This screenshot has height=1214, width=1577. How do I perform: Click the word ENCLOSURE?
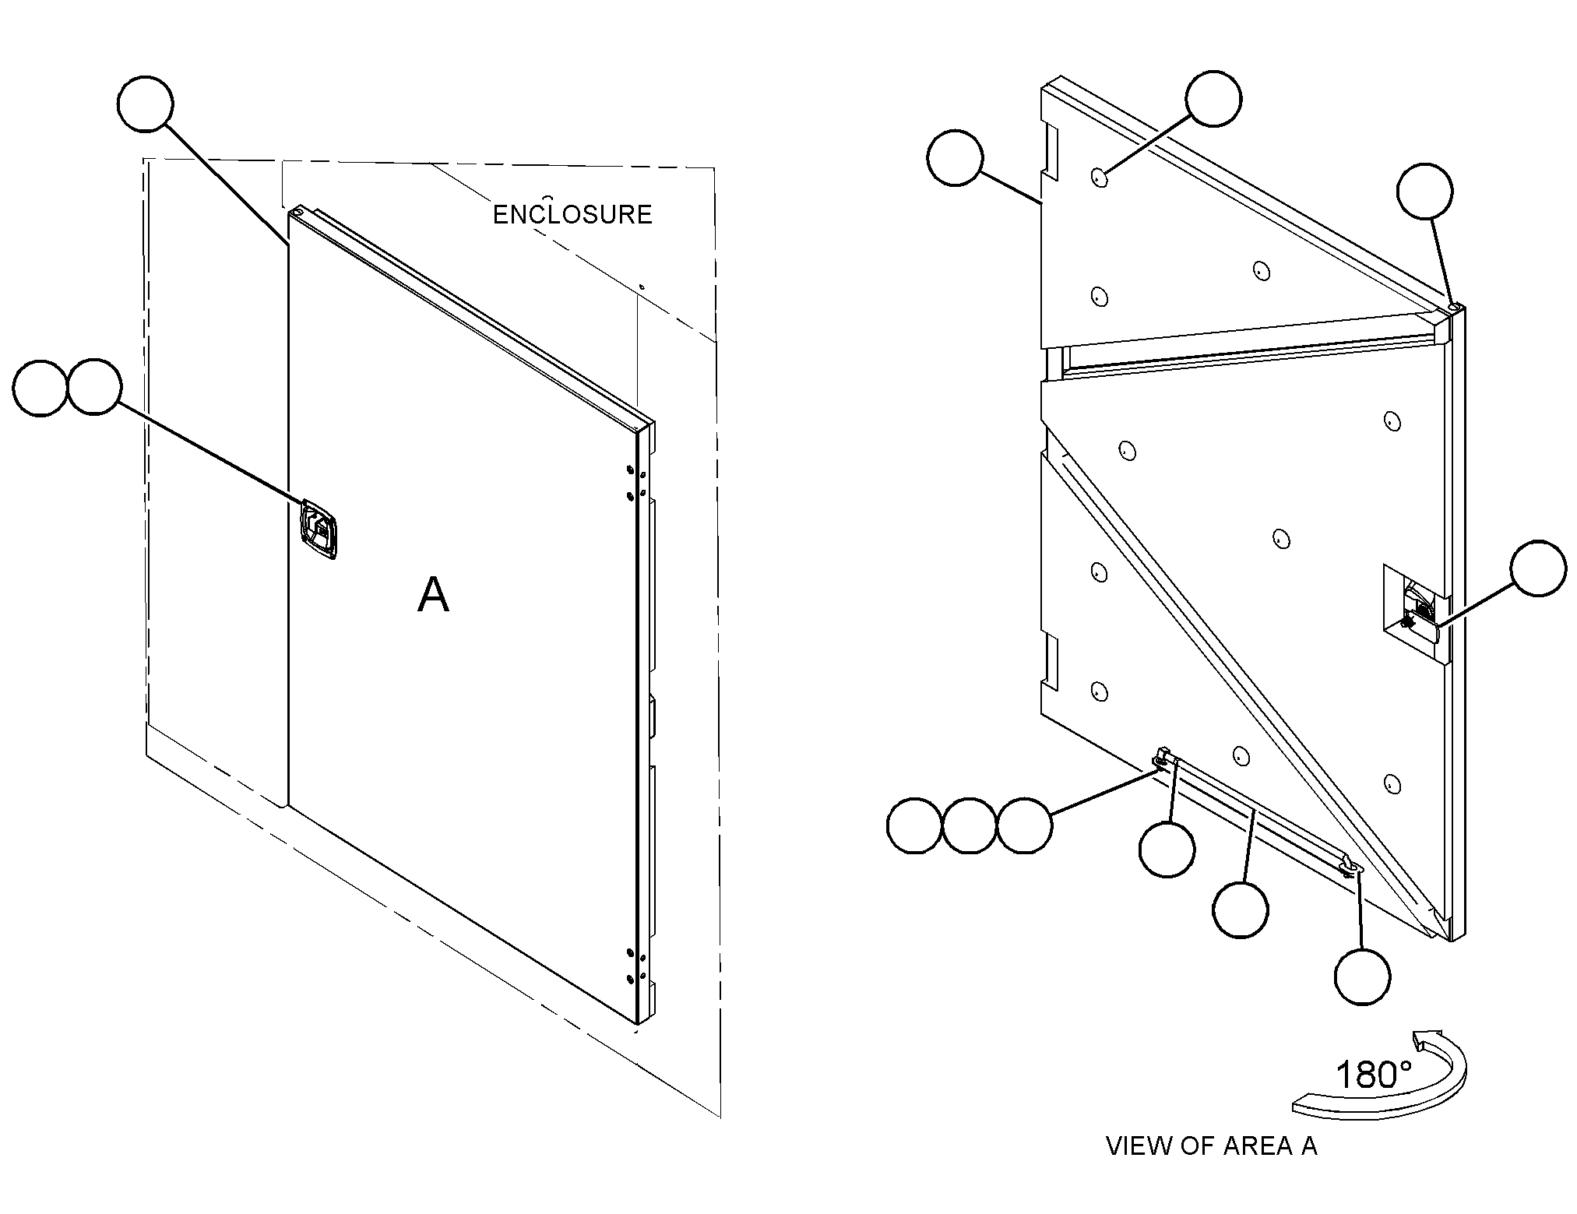(x=572, y=214)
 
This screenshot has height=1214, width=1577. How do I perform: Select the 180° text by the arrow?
(x=1374, y=1075)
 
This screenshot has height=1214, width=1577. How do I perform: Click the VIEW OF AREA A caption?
(x=1212, y=1145)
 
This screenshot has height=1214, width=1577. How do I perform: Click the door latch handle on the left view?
(x=319, y=529)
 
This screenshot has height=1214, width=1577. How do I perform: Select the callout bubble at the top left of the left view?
(x=146, y=104)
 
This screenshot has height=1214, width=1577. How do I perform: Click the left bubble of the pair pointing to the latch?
(x=41, y=388)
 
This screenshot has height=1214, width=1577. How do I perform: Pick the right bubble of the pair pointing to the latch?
(x=94, y=387)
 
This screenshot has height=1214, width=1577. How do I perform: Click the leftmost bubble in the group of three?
(x=915, y=825)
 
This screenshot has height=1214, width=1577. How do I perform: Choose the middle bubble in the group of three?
(x=970, y=825)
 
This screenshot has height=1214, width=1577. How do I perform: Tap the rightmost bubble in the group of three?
(x=1025, y=825)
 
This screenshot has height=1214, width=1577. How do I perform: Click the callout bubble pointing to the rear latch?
(x=1538, y=568)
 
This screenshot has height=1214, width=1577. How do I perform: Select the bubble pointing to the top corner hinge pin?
(x=1424, y=192)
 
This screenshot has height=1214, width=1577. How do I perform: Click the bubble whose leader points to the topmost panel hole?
(x=1213, y=98)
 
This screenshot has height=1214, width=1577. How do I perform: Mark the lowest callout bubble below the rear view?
(x=1362, y=976)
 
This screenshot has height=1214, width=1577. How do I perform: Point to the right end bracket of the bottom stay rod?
(x=1350, y=864)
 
